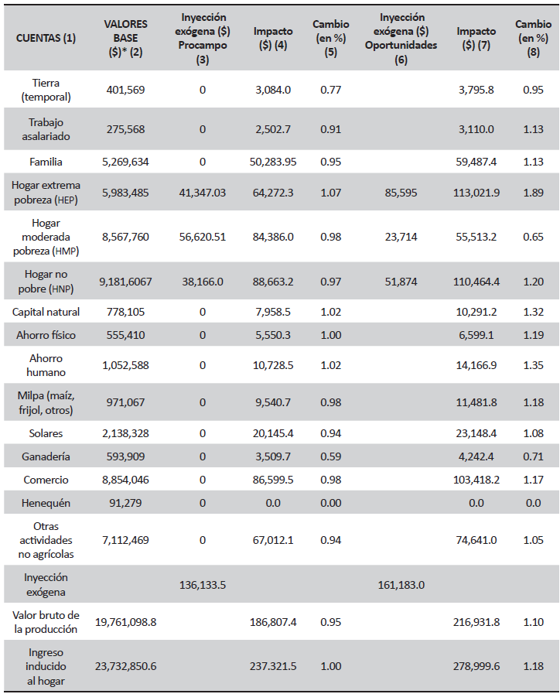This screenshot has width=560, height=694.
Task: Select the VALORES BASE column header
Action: (125, 37)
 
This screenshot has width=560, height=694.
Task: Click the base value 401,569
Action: (125, 90)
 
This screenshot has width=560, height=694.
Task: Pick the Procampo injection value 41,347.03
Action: (203, 193)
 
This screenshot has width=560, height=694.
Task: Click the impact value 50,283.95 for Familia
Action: (273, 162)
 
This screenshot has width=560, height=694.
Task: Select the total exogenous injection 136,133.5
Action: (203, 584)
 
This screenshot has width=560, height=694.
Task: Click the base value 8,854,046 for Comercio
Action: (125, 480)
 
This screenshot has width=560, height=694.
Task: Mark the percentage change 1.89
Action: (533, 193)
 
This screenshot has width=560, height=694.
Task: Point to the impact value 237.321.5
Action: (273, 666)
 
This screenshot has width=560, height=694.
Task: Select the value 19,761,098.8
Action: (125, 621)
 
